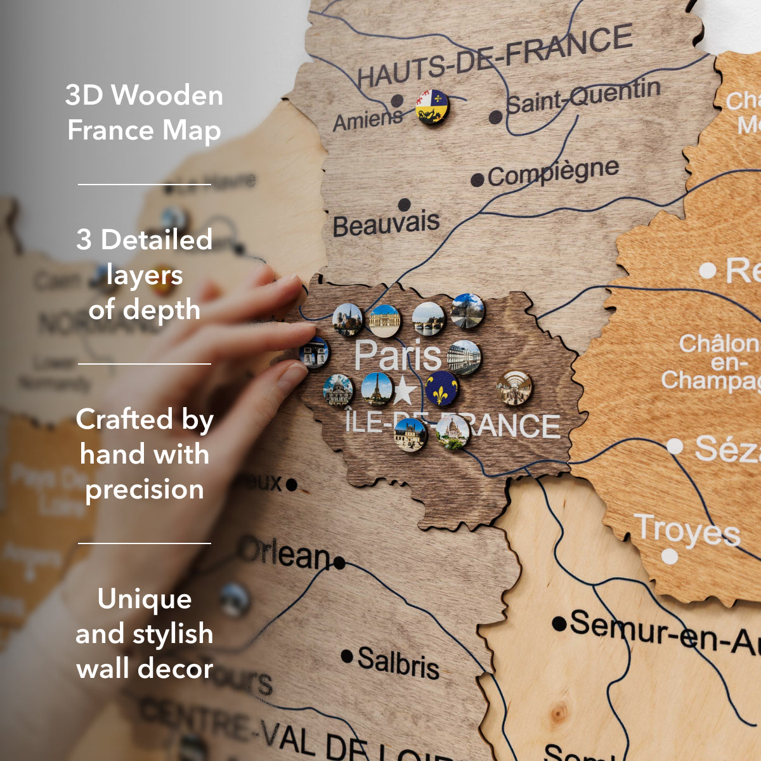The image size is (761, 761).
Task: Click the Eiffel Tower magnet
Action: [x=377, y=389]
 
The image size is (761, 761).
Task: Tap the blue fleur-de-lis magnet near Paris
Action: [x=442, y=389]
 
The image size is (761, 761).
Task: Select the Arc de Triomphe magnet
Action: [x=315, y=353]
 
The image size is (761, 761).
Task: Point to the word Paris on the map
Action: [x=398, y=355]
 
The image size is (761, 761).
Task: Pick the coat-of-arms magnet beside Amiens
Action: [x=433, y=107]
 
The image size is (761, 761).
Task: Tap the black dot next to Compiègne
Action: [x=478, y=180]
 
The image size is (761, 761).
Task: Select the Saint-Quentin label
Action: [x=583, y=97]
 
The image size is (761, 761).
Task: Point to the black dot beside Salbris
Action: [x=347, y=656]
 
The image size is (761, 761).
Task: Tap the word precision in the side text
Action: [x=145, y=490]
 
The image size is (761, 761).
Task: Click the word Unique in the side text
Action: [x=145, y=599]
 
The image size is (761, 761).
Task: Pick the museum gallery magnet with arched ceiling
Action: [x=514, y=387]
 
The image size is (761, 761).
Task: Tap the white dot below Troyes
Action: [x=670, y=557]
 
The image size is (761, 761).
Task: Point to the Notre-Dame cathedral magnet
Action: [x=348, y=319]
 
